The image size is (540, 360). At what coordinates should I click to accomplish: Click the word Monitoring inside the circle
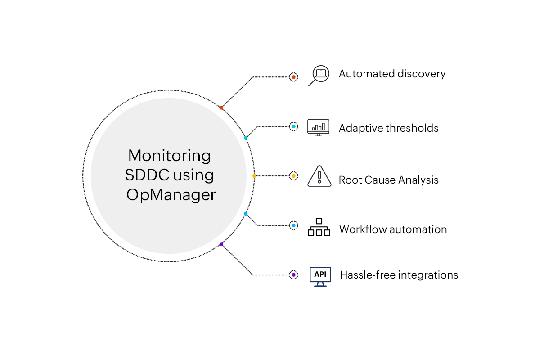click(x=170, y=156)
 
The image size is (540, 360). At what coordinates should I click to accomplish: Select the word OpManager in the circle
click(x=171, y=195)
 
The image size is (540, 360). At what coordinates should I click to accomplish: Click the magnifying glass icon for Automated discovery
click(x=318, y=75)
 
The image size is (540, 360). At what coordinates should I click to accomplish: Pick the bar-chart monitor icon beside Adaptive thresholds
click(x=318, y=128)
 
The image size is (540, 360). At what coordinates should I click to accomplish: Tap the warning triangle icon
click(x=319, y=176)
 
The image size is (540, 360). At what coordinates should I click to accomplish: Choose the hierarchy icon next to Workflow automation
click(x=319, y=227)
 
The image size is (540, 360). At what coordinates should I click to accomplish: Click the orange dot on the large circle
click(x=221, y=108)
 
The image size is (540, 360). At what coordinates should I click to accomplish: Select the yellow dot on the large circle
click(x=254, y=176)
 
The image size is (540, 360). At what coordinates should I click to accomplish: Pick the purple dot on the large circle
click(x=221, y=244)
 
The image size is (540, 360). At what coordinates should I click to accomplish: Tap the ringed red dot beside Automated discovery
click(x=293, y=77)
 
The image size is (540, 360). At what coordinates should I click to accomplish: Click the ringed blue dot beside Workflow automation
click(x=293, y=225)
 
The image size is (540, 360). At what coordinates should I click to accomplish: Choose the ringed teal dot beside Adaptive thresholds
click(x=293, y=127)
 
